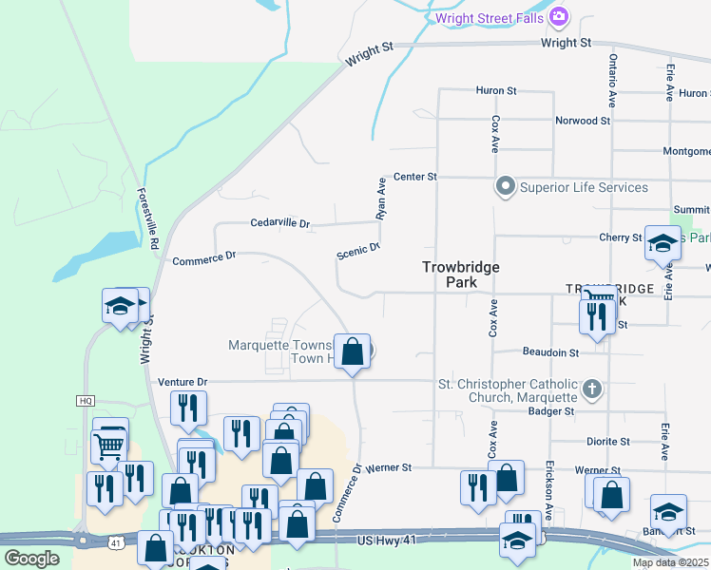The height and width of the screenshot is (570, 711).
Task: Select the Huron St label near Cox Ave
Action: [495, 91]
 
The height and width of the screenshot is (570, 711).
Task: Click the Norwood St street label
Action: [583, 121]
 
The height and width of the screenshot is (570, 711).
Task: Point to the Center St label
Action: [414, 177]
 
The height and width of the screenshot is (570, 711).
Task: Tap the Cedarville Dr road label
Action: [280, 223]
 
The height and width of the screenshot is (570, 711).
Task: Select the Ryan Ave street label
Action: [381, 199]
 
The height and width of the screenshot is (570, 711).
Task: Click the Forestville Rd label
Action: [148, 218]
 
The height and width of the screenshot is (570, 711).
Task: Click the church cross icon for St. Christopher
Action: [591, 388]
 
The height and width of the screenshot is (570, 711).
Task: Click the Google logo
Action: [31, 559]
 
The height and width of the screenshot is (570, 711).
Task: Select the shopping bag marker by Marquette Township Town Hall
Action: [353, 351]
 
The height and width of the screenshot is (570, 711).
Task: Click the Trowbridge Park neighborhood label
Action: [461, 275]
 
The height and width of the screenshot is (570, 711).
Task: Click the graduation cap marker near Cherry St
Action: [663, 245]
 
